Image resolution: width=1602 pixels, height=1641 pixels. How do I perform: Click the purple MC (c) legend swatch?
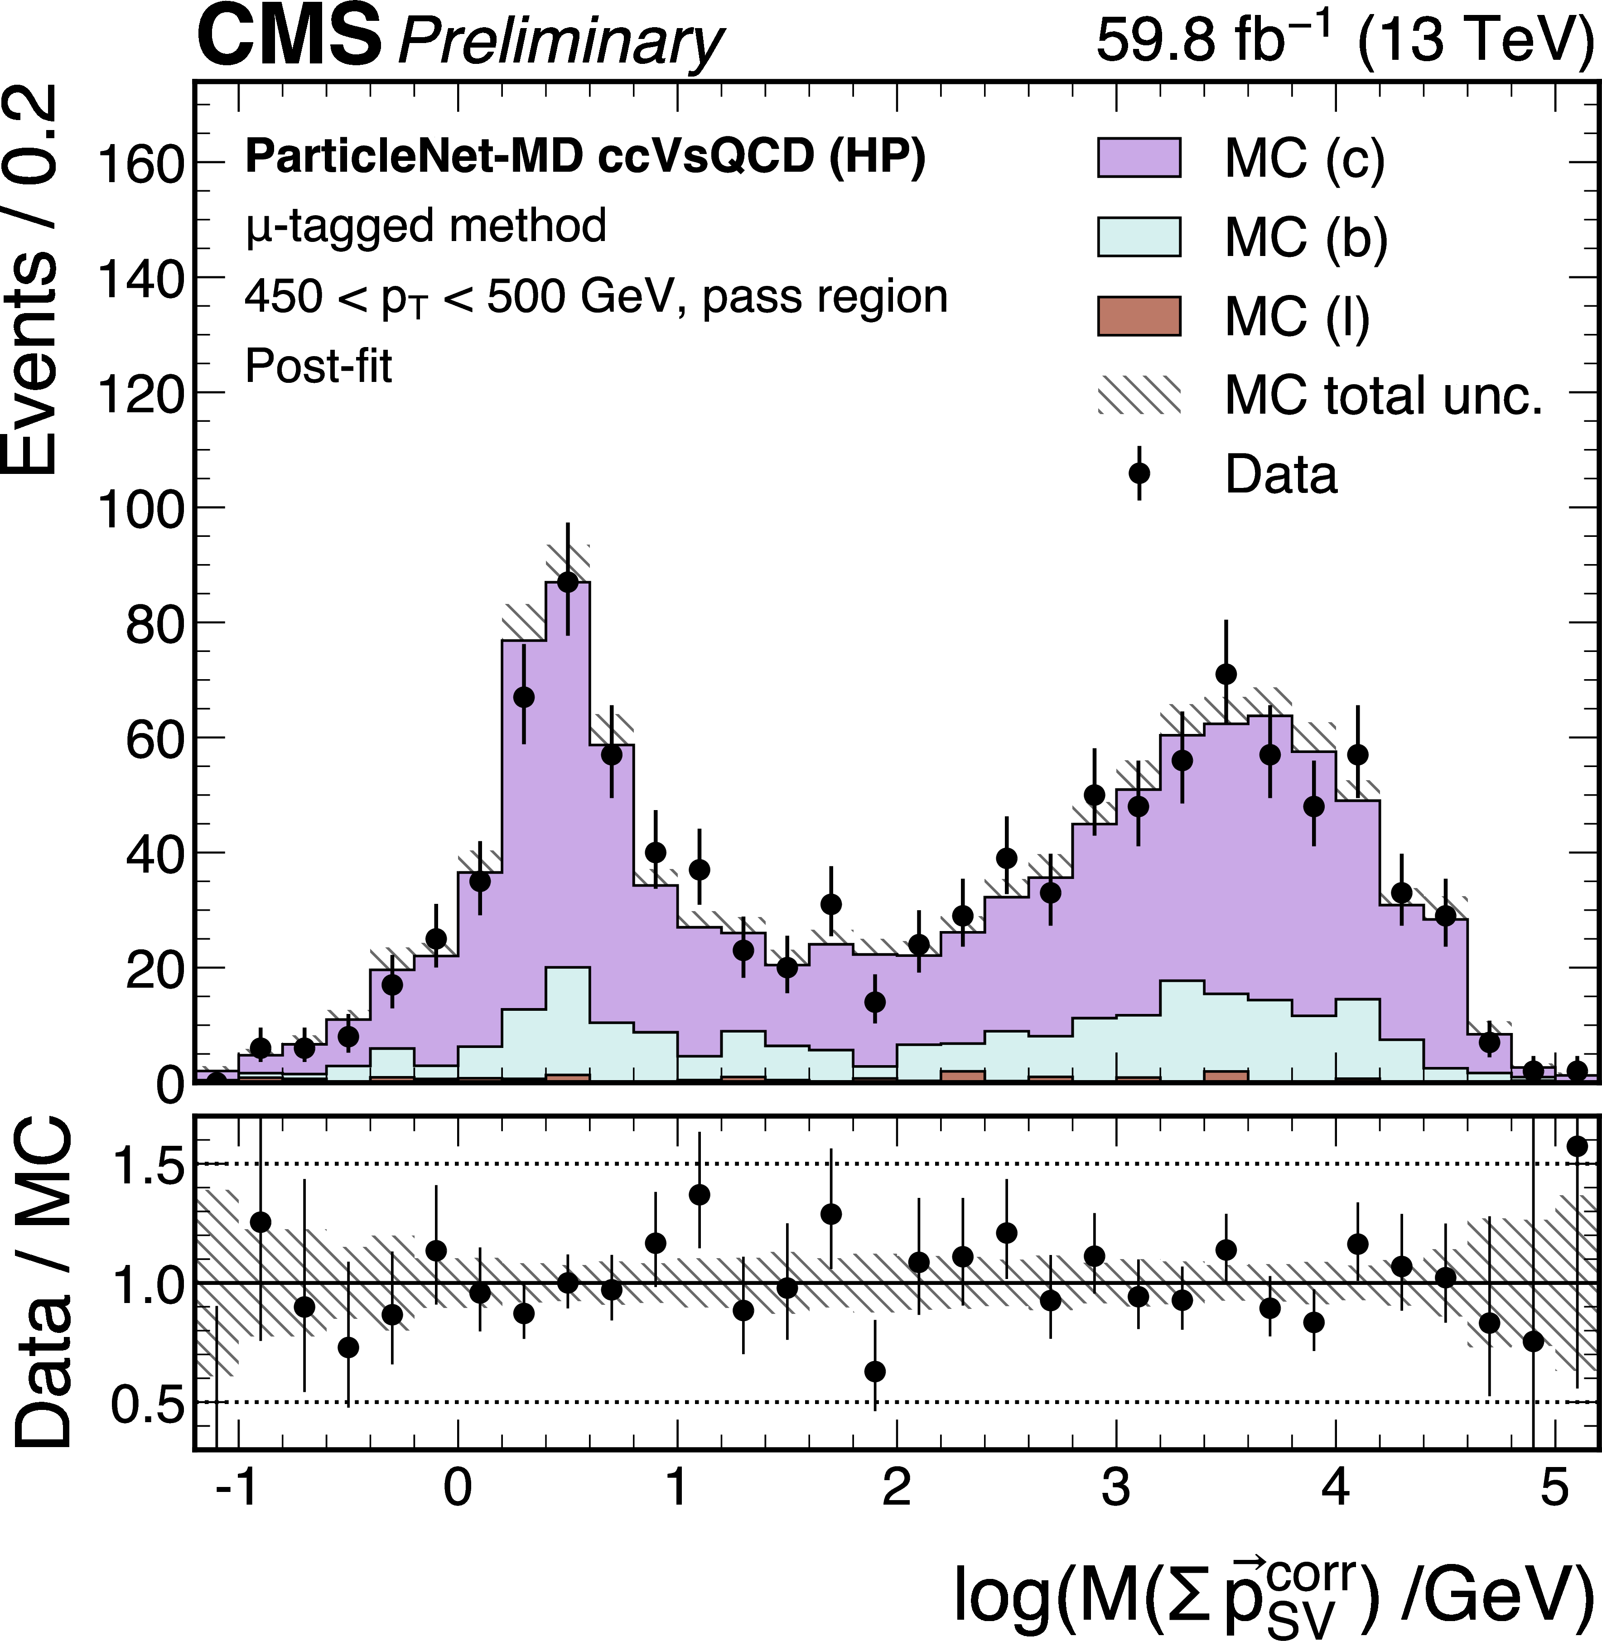(x=1139, y=157)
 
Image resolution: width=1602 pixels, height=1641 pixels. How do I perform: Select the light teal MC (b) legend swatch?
(x=1139, y=236)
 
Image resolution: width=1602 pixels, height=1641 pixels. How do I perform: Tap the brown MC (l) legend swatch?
(x=1139, y=316)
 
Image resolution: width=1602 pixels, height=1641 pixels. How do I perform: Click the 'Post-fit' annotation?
(x=318, y=367)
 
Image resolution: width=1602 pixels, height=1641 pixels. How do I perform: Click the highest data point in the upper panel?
(x=568, y=581)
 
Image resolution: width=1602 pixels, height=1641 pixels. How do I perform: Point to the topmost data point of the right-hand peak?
(x=1226, y=674)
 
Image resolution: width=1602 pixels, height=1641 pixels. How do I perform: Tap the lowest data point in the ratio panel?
(x=875, y=1372)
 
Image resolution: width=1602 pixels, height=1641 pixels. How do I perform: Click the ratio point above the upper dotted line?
(x=1577, y=1146)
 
